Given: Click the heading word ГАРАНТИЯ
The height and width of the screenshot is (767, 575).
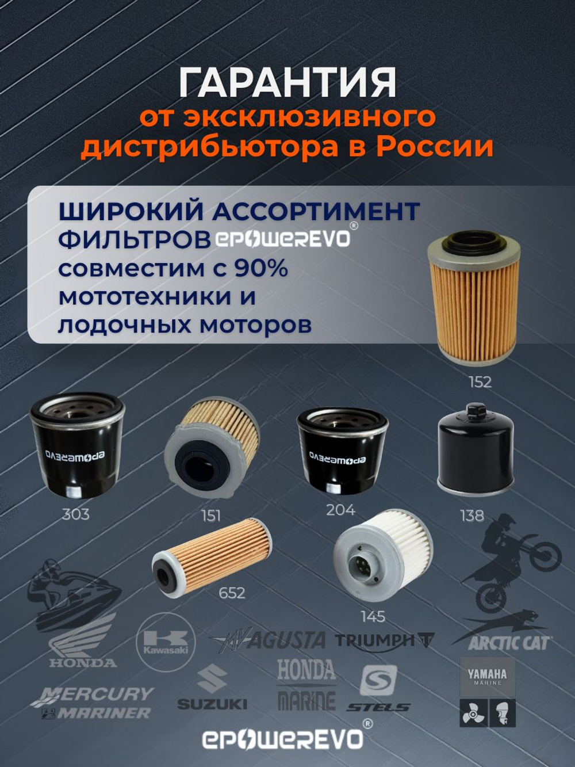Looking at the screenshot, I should click(287, 82).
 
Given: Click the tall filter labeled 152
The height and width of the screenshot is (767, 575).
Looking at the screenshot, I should click(474, 299).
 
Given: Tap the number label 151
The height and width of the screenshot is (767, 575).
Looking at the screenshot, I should click(210, 516).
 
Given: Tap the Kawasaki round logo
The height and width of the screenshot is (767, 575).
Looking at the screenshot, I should click(166, 642).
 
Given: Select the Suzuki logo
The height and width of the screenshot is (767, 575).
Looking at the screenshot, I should click(212, 688).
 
